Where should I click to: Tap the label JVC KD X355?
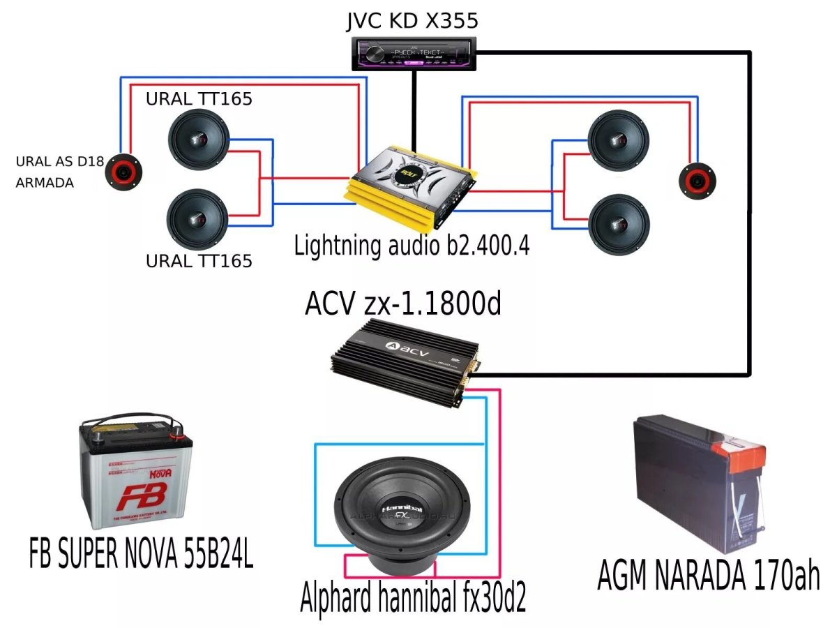click(x=412, y=20)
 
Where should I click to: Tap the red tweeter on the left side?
click(x=123, y=171)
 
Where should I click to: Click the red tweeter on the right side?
click(x=700, y=180)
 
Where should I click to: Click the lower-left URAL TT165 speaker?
click(x=199, y=219)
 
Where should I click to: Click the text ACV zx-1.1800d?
click(x=402, y=304)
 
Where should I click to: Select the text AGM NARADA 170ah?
click(x=708, y=576)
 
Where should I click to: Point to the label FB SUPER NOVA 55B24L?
click(x=141, y=554)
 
